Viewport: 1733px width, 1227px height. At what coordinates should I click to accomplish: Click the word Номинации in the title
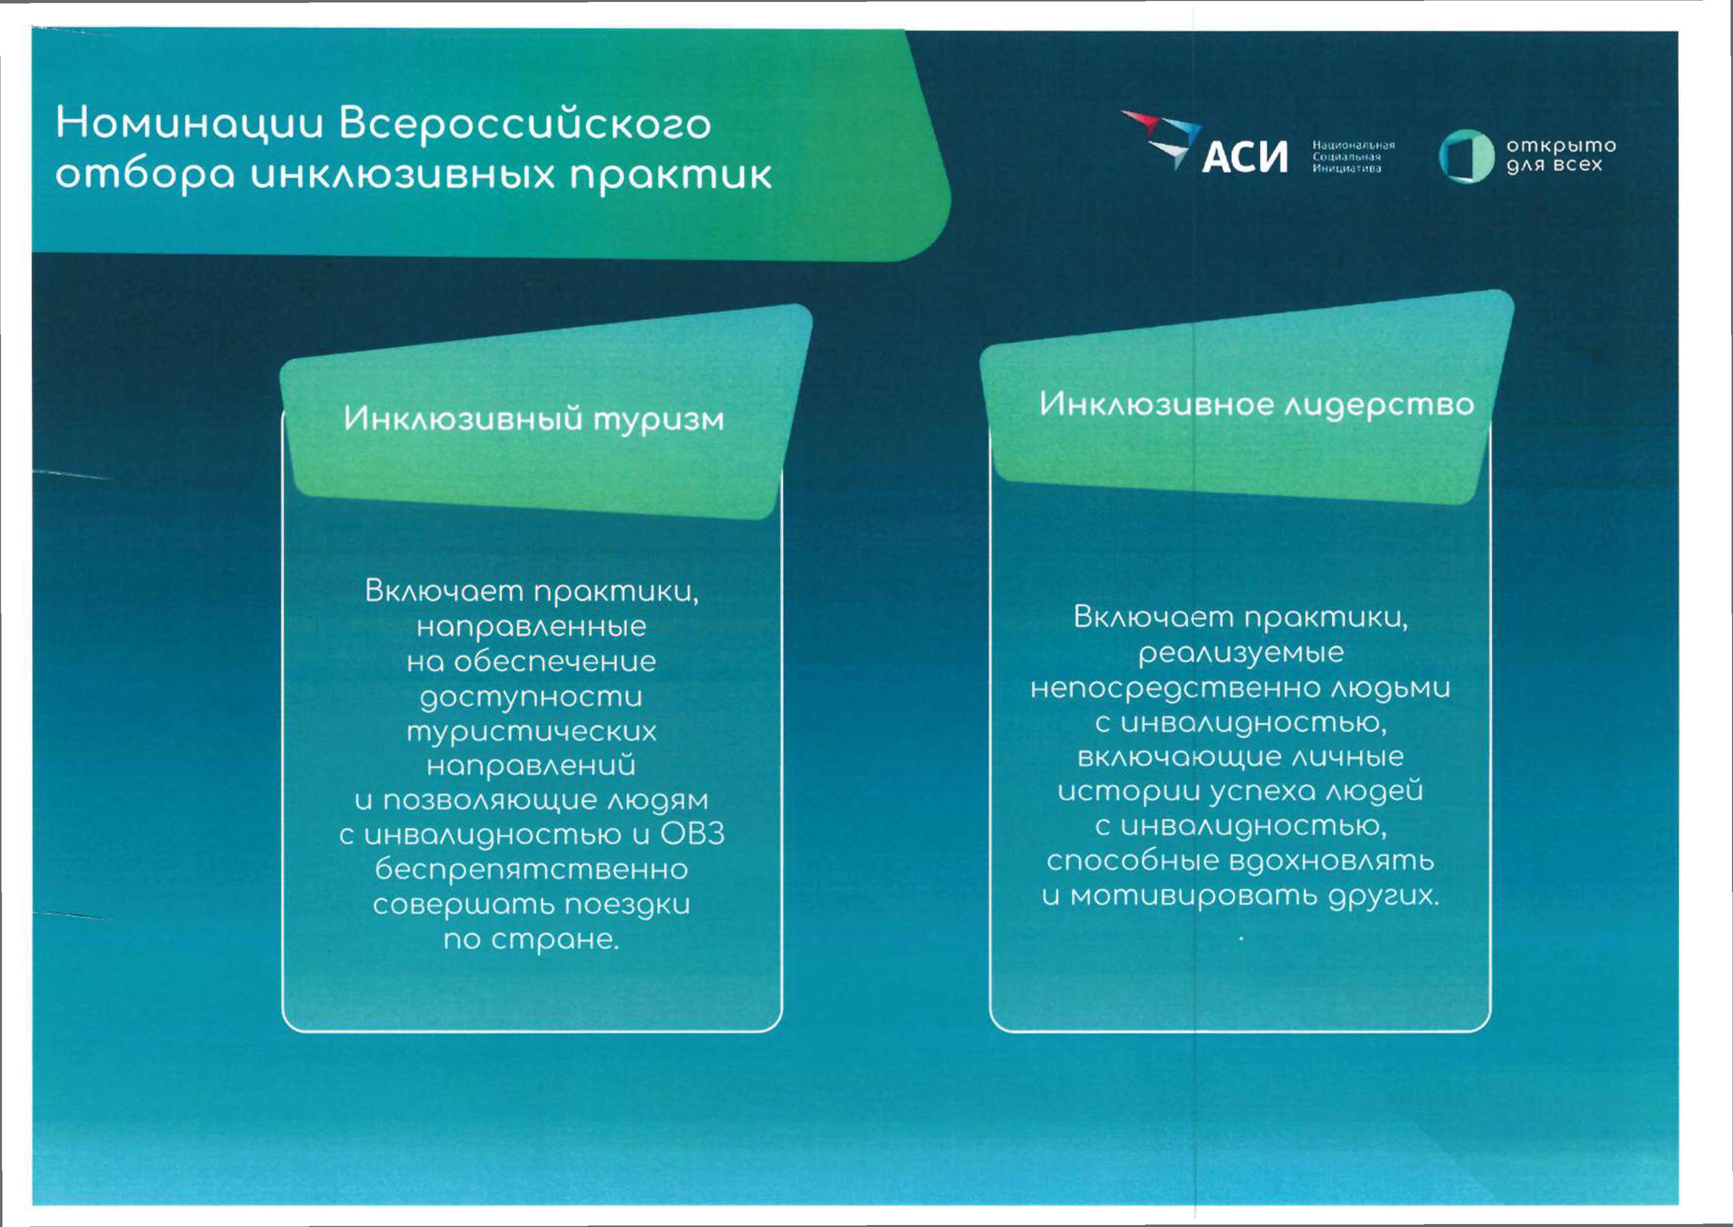click(189, 124)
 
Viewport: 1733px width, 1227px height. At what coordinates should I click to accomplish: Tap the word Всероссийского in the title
click(525, 124)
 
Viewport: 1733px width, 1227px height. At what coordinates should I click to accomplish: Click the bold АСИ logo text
click(1244, 157)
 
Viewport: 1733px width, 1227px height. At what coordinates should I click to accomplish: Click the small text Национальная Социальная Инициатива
click(1353, 157)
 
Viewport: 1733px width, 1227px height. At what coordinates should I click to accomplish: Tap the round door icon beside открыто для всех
click(1467, 157)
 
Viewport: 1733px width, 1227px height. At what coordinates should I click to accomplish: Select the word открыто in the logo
click(1561, 146)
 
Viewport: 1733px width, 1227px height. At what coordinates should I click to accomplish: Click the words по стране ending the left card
click(531, 940)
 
